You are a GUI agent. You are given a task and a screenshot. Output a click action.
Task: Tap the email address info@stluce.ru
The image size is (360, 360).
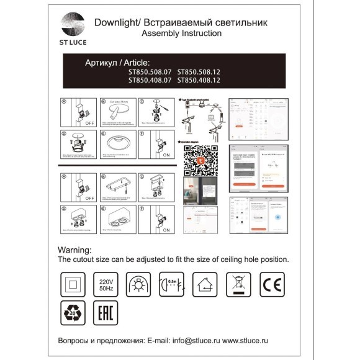point(191,341)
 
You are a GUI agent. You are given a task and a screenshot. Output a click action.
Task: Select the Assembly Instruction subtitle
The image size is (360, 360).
point(181,34)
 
